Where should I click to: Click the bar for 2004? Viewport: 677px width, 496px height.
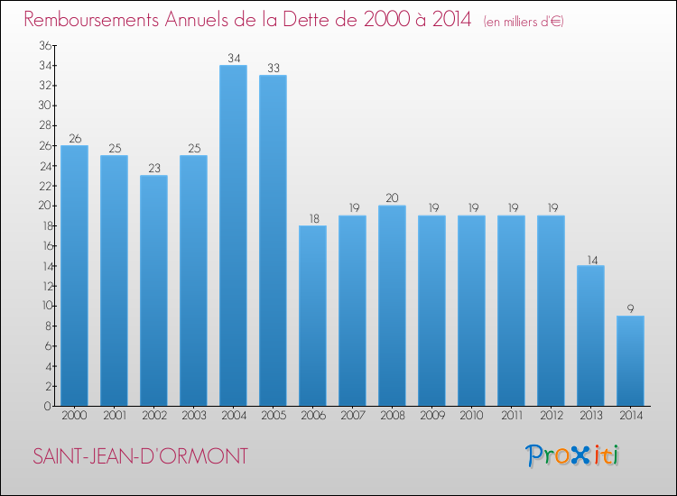(233, 235)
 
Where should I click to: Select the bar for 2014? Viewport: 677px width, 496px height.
(630, 361)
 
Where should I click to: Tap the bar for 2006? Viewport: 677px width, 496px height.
(312, 316)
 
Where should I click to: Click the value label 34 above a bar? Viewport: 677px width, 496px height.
(233, 59)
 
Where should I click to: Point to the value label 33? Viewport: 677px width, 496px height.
(273, 69)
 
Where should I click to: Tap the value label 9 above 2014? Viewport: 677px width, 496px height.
(630, 308)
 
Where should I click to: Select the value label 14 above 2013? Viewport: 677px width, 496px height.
(590, 259)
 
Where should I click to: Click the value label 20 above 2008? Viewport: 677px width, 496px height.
(392, 198)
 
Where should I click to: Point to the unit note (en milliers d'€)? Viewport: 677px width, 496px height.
(524, 22)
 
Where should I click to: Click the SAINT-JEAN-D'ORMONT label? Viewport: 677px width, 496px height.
(139, 456)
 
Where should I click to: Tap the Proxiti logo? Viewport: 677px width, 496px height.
(573, 455)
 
